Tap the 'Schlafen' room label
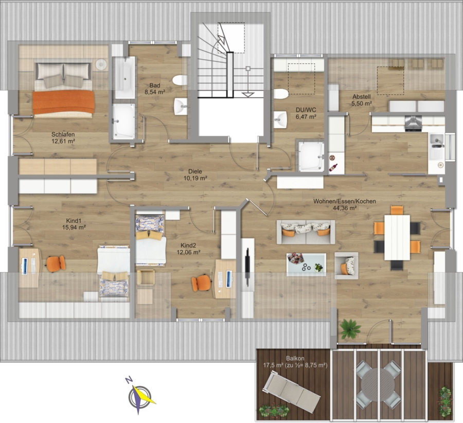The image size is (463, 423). (63, 134)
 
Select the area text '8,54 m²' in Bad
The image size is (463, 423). (155, 92)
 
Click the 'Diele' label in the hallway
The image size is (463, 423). (195, 171)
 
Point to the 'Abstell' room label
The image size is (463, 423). (362, 97)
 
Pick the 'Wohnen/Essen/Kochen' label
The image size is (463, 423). (345, 201)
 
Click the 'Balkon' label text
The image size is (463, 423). (295, 359)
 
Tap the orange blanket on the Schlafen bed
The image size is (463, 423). (63, 102)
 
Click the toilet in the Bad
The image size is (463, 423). (180, 80)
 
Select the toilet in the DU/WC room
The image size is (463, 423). (281, 94)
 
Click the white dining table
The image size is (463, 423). (397, 238)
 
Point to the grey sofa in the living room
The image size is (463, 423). (306, 232)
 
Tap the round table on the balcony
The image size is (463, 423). (378, 384)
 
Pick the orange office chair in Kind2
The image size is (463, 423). (201, 283)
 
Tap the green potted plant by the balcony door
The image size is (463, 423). (350, 328)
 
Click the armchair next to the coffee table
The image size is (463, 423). (346, 266)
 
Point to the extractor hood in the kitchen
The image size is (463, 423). (413, 123)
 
